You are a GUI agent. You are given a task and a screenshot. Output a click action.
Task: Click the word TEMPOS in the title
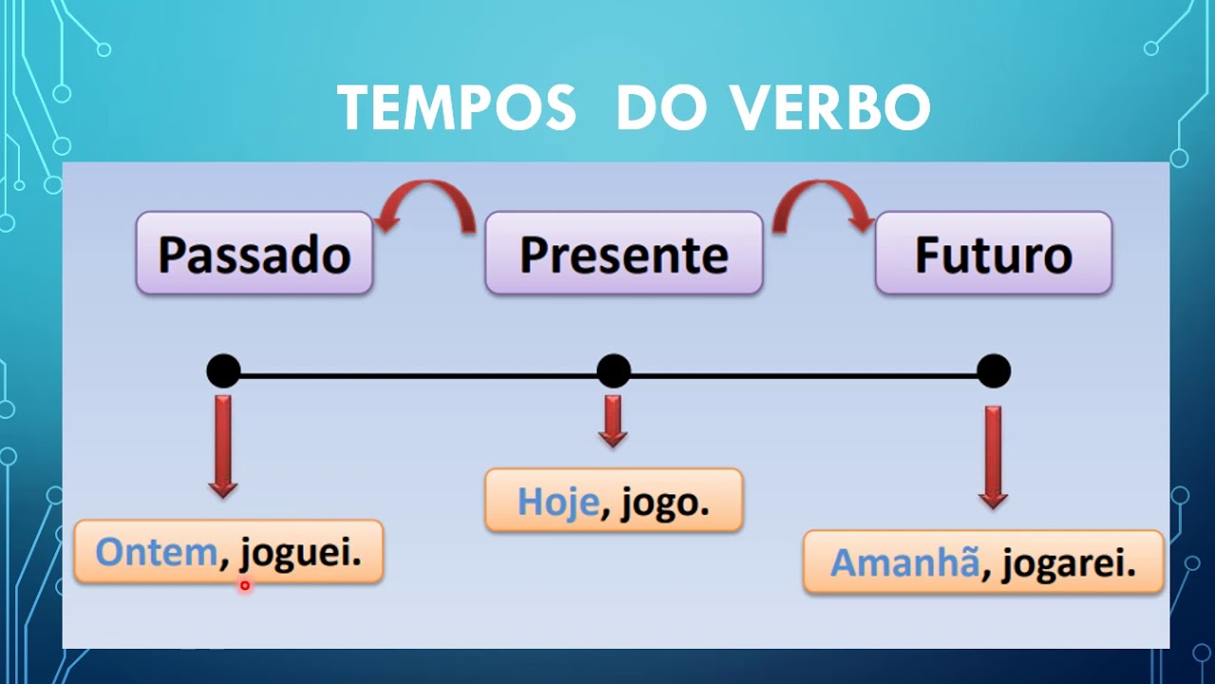tap(457, 108)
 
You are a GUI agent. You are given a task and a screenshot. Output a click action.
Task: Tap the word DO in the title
tap(663, 108)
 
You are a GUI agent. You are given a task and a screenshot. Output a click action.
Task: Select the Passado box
tap(254, 254)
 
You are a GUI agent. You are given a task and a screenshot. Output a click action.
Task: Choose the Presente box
tap(624, 254)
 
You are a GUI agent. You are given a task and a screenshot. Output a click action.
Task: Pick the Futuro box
tap(993, 254)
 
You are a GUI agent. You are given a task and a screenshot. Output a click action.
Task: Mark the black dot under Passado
tap(223, 370)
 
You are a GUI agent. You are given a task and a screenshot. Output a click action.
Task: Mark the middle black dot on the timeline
tap(613, 370)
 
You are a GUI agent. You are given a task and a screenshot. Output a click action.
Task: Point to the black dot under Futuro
tap(993, 370)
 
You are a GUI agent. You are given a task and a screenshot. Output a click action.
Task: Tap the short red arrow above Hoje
tap(612, 421)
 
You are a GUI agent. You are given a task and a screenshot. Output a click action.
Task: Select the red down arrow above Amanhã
tap(993, 457)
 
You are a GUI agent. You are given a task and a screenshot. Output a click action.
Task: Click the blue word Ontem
tap(157, 553)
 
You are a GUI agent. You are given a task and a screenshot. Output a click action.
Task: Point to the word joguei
tap(301, 553)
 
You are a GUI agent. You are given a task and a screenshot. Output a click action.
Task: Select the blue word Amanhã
tap(905, 563)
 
